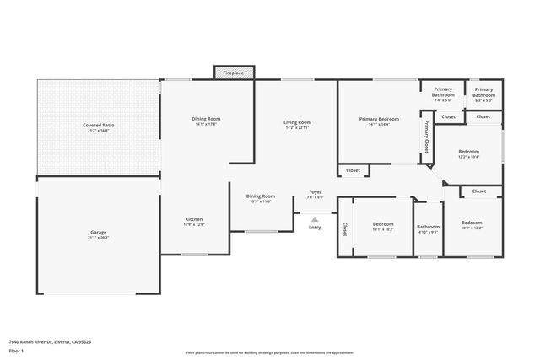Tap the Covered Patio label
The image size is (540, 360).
[x=99, y=126]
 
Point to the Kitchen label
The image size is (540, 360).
[x=194, y=220]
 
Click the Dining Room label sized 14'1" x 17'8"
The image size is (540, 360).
[x=206, y=119]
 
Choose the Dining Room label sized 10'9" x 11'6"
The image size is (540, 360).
[x=260, y=196]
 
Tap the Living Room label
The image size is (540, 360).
[x=297, y=123]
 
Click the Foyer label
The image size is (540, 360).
[x=315, y=192]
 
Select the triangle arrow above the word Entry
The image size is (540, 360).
[x=315, y=218]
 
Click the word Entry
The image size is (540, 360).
[x=315, y=227]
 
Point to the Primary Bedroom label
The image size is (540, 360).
[x=378, y=120]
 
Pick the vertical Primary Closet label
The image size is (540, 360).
[x=427, y=136]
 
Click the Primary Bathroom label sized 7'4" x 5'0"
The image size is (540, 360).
[x=444, y=93]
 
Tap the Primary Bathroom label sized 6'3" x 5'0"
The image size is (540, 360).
[x=483, y=93]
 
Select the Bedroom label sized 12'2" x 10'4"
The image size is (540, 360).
[x=470, y=153]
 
